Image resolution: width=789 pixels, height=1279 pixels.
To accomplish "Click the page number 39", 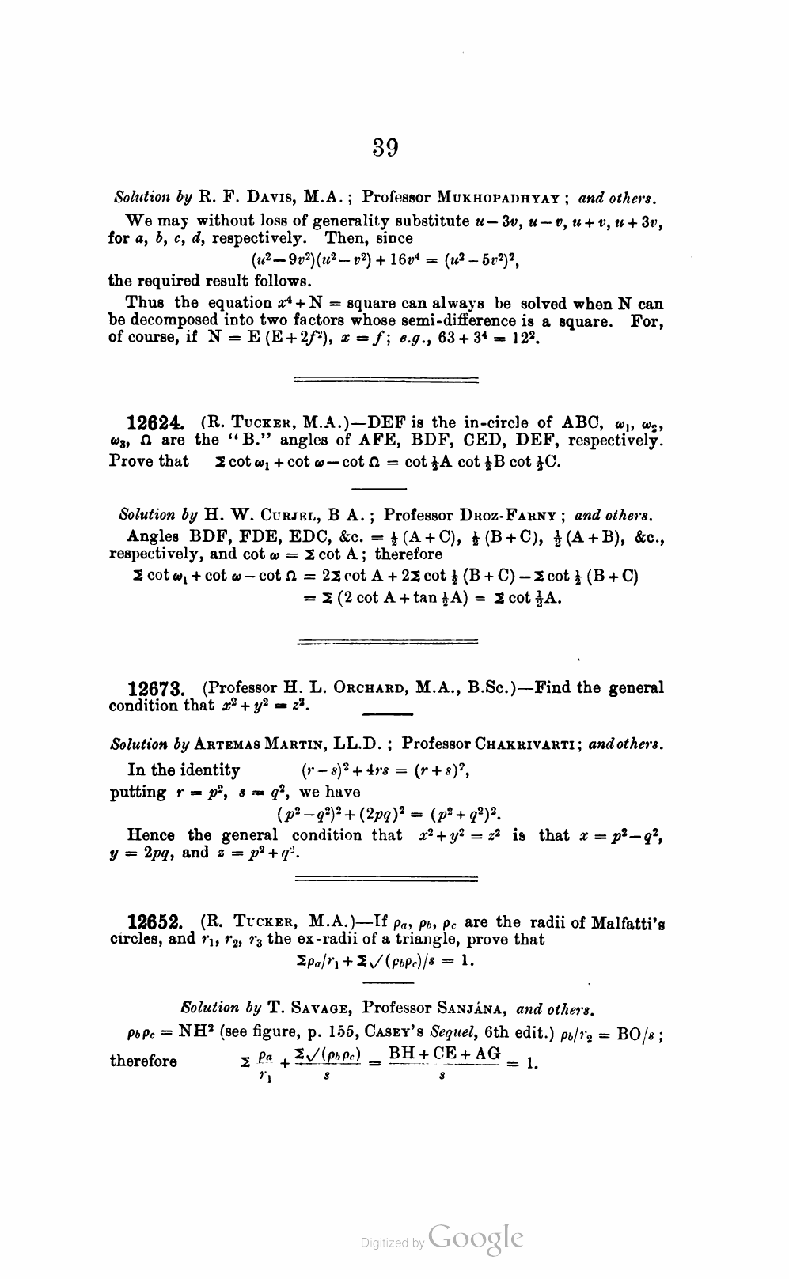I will click(385, 148).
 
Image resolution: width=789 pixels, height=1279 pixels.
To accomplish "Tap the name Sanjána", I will click(472, 1008).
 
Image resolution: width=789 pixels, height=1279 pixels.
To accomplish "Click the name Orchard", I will click(357, 688).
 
